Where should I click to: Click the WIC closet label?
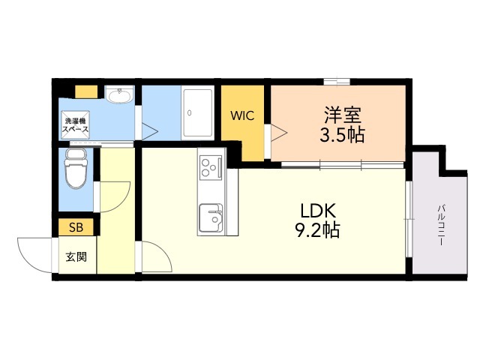[242, 115]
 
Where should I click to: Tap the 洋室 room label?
[343, 115]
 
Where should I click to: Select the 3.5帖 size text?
[342, 135]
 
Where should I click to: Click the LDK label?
[318, 211]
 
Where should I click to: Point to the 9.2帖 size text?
[317, 230]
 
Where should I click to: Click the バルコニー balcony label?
[441, 226]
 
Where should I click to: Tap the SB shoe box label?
[76, 227]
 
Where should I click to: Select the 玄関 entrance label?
[76, 257]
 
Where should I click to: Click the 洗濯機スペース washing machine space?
[75, 125]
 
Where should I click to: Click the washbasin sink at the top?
[119, 94]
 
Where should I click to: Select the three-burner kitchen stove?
[211, 167]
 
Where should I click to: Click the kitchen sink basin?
[211, 218]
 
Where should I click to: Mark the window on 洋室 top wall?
[337, 82]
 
